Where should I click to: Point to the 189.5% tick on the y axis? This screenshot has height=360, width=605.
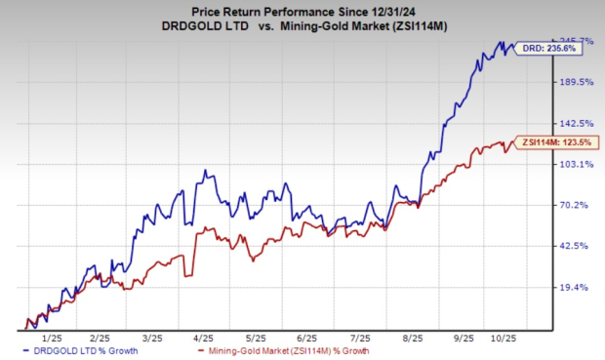[x=574, y=82]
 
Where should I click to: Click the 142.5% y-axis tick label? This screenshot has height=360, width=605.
[x=574, y=123]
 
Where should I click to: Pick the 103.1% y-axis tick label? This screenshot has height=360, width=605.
[x=574, y=164]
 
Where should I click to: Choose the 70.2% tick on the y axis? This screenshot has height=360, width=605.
[x=574, y=205]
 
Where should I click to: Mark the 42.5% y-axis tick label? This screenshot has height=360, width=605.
[x=574, y=246]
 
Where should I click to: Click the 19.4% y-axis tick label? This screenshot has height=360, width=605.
[x=574, y=287]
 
